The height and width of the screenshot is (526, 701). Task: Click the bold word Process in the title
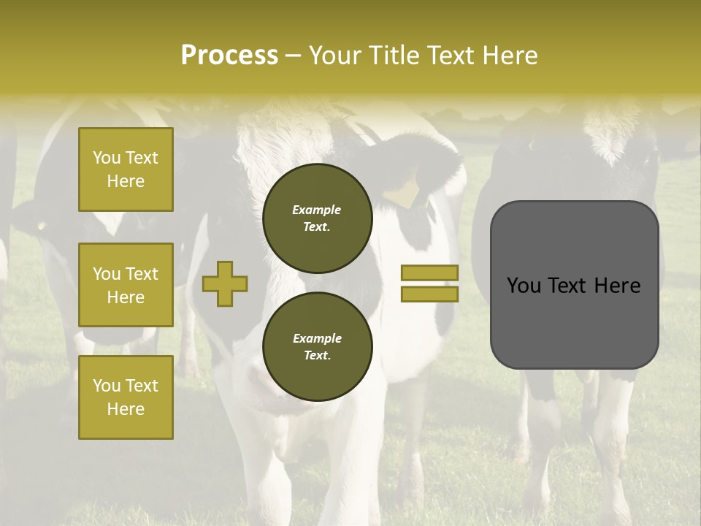pos(229,55)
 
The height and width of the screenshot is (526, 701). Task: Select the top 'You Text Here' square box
pos(126,169)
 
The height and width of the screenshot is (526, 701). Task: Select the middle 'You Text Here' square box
pos(126,285)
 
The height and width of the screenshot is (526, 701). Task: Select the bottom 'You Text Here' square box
pos(126,397)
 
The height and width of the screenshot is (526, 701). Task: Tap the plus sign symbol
pos(225,283)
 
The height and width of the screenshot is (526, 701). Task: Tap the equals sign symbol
pos(429,283)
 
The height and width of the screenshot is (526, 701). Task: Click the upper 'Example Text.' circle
pos(318,218)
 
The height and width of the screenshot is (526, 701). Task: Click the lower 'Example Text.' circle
pos(318,347)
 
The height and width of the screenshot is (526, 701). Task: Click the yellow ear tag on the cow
pos(401,194)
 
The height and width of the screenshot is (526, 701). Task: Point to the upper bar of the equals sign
pos(429,273)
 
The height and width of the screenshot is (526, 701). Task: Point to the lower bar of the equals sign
pos(429,294)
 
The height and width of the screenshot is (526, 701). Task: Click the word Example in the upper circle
pos(316,210)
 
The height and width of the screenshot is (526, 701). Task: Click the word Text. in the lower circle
pos(316,356)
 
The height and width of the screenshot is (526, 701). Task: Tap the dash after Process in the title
pos(293,56)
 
